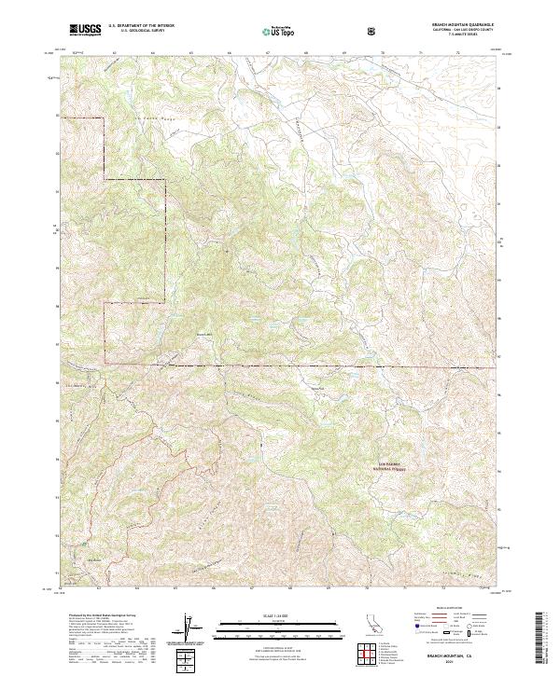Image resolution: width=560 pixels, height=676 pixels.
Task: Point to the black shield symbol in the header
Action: click(x=374, y=31)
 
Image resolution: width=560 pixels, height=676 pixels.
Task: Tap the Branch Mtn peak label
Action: click(x=204, y=337)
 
